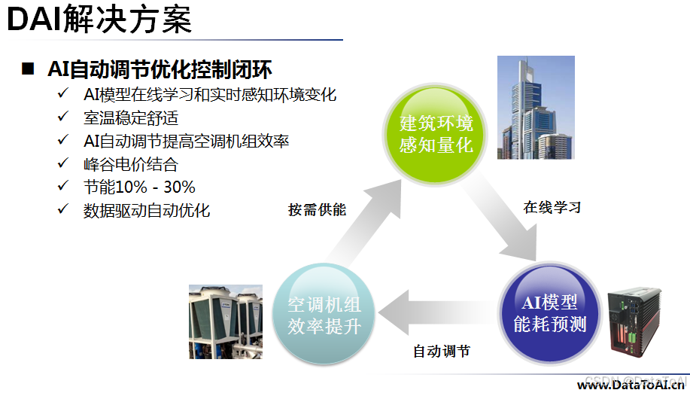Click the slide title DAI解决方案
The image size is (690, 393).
coord(99,20)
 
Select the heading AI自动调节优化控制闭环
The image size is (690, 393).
coord(159,70)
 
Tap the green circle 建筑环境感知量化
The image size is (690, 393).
coord(436,133)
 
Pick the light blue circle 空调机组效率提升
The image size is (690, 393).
coord(324,315)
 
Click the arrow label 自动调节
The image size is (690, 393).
coord(442,351)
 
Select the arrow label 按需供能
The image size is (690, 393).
coord(317,210)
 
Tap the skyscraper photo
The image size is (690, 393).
coord(535,107)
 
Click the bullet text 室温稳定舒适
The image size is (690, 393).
coord(131,117)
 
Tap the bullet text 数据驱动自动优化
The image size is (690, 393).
coord(147,210)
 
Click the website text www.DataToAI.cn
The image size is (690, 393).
coord(631,385)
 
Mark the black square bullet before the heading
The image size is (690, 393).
coord(28,70)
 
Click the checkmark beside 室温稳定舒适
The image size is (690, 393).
coord(63,117)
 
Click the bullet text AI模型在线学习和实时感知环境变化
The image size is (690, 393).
coord(210,95)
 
